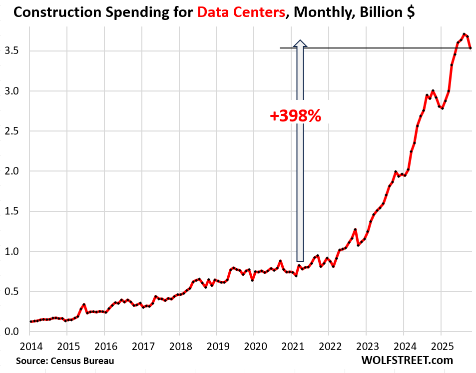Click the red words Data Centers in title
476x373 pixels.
pos(239,13)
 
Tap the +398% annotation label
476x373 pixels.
pos(296,116)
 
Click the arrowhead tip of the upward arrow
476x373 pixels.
pos(300,41)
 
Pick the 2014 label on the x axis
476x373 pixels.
pos(30,345)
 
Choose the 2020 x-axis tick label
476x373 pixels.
pos(254,345)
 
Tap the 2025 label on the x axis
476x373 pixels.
pos(440,345)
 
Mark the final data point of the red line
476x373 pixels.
pos(470,48)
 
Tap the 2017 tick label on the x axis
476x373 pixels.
pos(142,345)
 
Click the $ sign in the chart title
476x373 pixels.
pos(410,13)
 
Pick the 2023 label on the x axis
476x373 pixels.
pos(366,345)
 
